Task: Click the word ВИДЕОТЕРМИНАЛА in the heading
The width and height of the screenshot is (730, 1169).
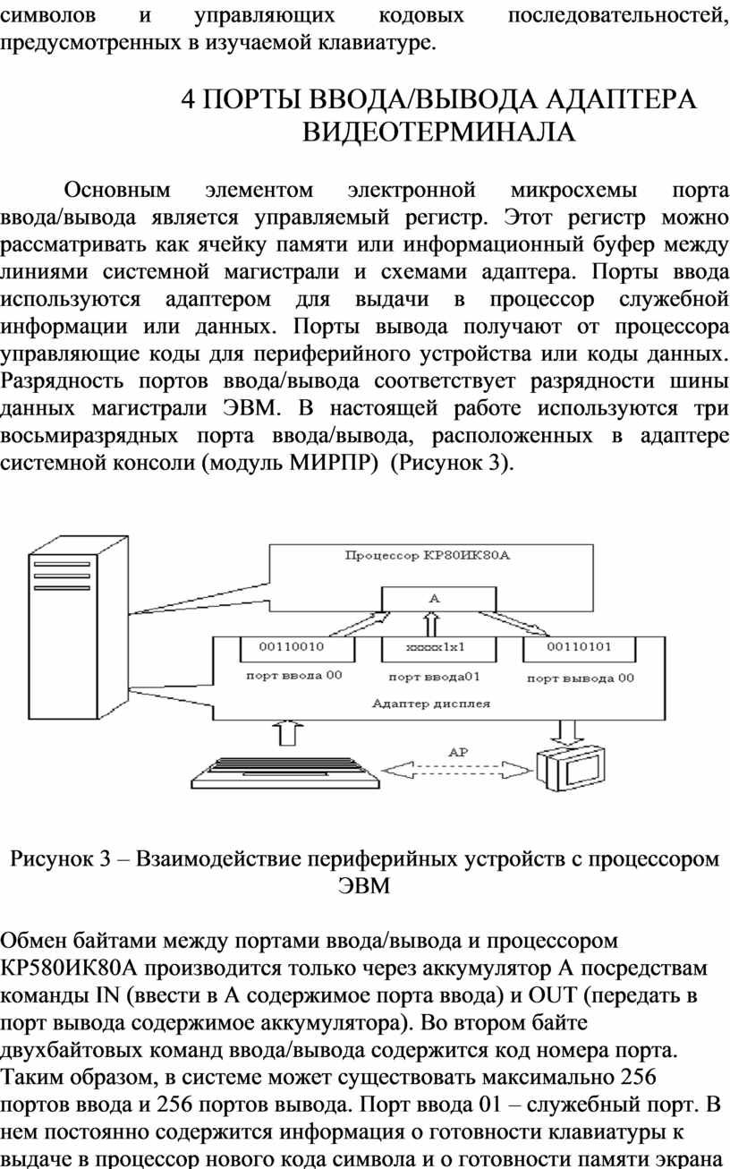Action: (438, 132)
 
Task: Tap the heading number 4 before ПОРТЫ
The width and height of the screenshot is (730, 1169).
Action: (188, 99)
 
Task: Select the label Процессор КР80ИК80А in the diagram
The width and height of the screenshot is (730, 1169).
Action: (427, 555)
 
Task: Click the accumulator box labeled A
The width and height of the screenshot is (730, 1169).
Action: (438, 599)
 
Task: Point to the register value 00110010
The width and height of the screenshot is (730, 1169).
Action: (292, 646)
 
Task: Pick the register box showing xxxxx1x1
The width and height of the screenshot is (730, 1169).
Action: (438, 649)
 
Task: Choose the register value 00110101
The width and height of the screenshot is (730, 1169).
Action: (579, 646)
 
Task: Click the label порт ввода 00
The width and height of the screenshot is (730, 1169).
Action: (294, 675)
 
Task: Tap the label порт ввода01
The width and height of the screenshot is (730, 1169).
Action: (435, 677)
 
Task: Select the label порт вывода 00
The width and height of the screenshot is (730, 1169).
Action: (581, 678)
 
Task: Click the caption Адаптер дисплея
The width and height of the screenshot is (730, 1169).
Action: (431, 704)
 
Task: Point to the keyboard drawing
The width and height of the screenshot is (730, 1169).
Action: (285, 772)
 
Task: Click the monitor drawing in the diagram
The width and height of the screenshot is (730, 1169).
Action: (571, 768)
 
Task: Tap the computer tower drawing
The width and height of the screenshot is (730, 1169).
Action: (78, 627)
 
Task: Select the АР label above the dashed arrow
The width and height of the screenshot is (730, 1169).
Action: (458, 752)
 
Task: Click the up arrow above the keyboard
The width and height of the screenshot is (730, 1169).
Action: (288, 733)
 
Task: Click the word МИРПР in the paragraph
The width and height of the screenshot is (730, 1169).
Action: (333, 463)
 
